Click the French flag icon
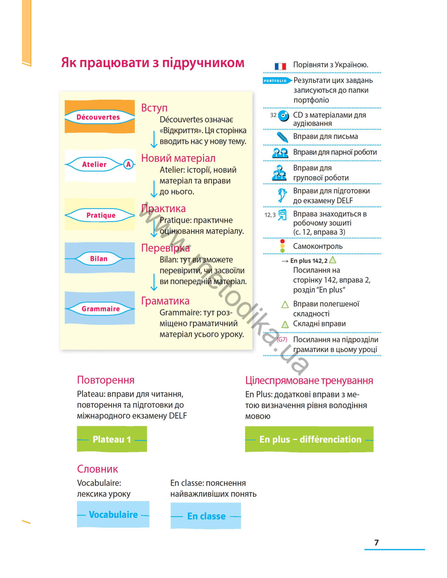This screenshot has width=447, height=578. (x=280, y=66)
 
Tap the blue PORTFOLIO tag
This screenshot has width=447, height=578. (x=277, y=80)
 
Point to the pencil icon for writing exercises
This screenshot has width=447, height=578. (x=282, y=137)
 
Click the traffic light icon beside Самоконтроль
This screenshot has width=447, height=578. (x=282, y=246)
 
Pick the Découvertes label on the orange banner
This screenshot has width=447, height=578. (x=98, y=117)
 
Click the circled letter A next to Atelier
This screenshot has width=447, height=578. (x=128, y=164)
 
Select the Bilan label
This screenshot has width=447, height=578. (x=99, y=259)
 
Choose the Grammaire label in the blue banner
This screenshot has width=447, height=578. (x=100, y=309)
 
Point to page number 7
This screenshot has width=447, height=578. (x=376, y=543)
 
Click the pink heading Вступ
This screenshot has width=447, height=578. (x=154, y=108)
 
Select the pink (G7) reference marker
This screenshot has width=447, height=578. (x=282, y=339)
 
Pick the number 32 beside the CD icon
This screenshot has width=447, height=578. (x=273, y=115)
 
